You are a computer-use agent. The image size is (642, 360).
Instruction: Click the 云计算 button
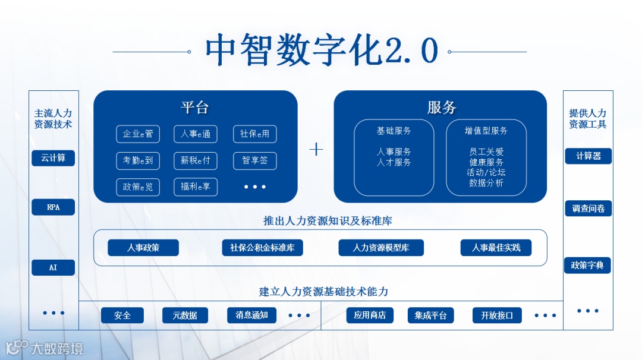pyautogui.click(x=53, y=158)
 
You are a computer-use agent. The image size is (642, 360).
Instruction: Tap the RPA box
pyautogui.click(x=53, y=207)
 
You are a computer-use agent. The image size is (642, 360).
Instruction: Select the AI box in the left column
pyautogui.click(x=53, y=268)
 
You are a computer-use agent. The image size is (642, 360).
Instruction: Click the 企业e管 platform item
pyautogui.click(x=138, y=134)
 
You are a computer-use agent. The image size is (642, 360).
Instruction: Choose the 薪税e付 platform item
pyautogui.click(x=196, y=160)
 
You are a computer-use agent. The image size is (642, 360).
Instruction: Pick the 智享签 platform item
pyautogui.click(x=254, y=160)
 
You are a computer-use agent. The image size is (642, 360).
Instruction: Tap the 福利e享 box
pyautogui.click(x=196, y=187)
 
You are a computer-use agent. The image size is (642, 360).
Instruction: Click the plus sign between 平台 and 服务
pyautogui.click(x=316, y=149)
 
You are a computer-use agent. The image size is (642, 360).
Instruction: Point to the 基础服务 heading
pyautogui.click(x=394, y=131)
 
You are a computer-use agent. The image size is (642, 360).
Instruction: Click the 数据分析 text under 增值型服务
pyautogui.click(x=486, y=183)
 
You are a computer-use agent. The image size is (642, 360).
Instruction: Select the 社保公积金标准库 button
pyautogui.click(x=262, y=248)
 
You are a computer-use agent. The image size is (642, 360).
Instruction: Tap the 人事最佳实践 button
pyautogui.click(x=496, y=248)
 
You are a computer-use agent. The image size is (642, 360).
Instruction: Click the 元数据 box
pyautogui.click(x=185, y=315)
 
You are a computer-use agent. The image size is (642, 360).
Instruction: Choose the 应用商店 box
pyautogui.click(x=370, y=315)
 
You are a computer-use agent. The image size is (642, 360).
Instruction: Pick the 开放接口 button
pyautogui.click(x=496, y=315)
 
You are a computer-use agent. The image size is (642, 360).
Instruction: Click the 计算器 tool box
pyautogui.click(x=588, y=156)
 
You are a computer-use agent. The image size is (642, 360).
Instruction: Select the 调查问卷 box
pyautogui.click(x=588, y=209)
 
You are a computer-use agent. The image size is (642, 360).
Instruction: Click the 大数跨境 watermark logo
pyautogui.click(x=45, y=348)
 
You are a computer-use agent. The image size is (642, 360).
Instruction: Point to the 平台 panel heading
pyautogui.click(x=195, y=108)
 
